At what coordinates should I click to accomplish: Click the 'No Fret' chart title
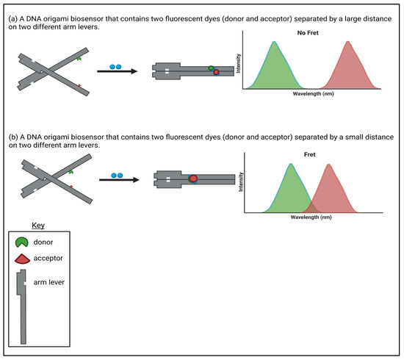click(308, 33)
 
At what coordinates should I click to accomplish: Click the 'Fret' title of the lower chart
click(309, 154)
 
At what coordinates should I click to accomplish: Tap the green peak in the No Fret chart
click(274, 67)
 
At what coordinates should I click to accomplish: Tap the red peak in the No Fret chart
click(348, 67)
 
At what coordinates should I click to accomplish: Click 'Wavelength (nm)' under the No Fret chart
click(314, 93)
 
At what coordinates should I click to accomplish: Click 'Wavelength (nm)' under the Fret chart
click(311, 217)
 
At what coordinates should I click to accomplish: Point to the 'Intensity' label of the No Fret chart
click(238, 63)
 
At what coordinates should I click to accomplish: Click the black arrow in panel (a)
click(118, 71)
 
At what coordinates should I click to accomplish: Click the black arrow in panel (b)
click(119, 179)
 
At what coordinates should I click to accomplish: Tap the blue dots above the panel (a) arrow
click(115, 67)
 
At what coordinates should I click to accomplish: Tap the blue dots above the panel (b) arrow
click(117, 176)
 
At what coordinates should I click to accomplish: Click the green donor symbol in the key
click(21, 242)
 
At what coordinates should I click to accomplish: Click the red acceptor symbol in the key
click(23, 259)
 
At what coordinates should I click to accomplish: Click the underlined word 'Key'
click(38, 226)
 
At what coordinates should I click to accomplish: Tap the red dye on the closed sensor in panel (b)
click(193, 179)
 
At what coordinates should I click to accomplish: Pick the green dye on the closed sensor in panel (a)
click(211, 68)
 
